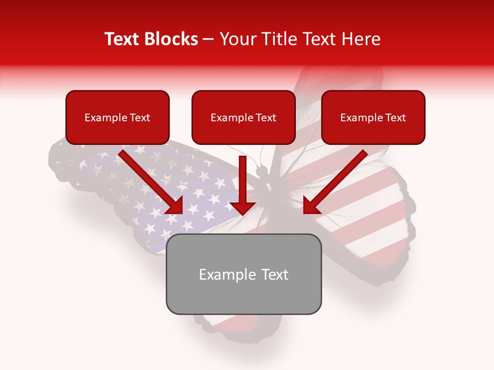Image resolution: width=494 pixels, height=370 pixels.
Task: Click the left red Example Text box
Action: pos(117,117)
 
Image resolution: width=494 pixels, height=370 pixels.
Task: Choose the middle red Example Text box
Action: pos(243,117)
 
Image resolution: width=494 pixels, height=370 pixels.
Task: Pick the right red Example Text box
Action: pos(373,117)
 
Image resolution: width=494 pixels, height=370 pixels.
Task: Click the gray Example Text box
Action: pos(243,274)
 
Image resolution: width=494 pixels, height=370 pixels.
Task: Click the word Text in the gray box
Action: pos(274,274)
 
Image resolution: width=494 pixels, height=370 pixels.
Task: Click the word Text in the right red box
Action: pos(395,118)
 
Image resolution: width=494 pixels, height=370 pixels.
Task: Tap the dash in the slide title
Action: pos(208,40)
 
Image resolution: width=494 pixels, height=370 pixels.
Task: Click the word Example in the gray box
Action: pos(228,274)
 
